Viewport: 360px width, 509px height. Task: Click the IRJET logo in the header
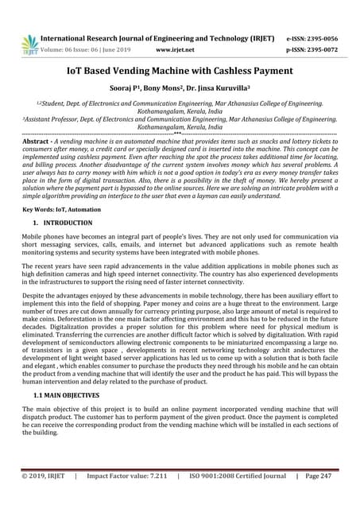click(30, 44)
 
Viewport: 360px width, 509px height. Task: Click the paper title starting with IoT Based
click(180, 71)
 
